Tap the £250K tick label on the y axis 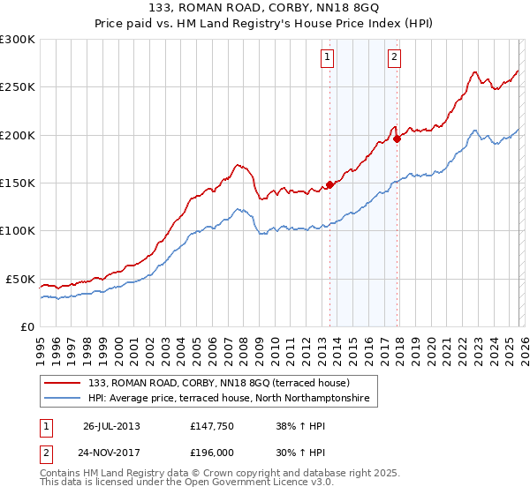click(x=18, y=87)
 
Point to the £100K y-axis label click(x=18, y=231)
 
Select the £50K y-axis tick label click(x=20, y=279)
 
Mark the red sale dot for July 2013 click(x=329, y=185)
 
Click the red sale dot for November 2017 click(x=397, y=138)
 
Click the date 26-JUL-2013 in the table click(x=111, y=425)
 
